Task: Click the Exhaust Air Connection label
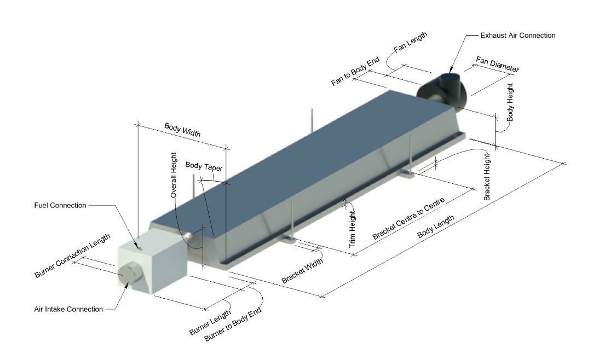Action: coord(518,36)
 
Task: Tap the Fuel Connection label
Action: coord(60,206)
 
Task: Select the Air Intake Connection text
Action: coord(68,309)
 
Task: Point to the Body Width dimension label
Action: coord(182,130)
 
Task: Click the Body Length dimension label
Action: coord(436,227)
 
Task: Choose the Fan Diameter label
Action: coord(497,64)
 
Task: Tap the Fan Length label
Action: coord(410,42)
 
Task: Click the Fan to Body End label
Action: coord(355,72)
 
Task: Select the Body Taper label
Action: coord(204,166)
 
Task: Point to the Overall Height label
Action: coord(174,175)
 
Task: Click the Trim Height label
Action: coord(352,229)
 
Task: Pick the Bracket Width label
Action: coord(302,270)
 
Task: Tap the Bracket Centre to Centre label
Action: coord(408,219)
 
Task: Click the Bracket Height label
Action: coord(487,177)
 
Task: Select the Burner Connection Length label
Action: coord(72,256)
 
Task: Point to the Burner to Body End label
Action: coord(233,324)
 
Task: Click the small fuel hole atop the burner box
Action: coord(139,247)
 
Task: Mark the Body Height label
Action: coord(510,102)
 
